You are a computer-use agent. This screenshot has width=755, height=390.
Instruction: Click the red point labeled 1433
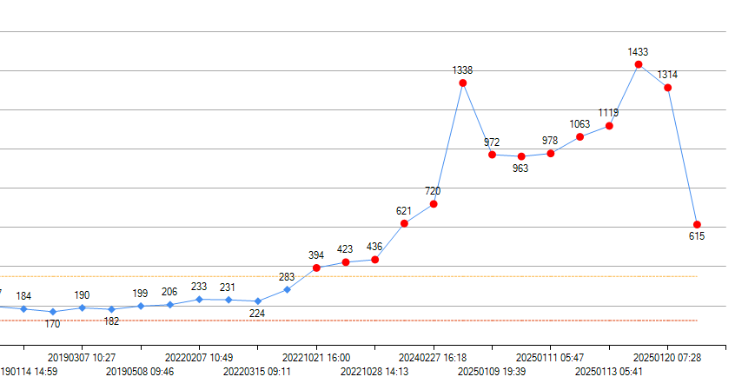point(639,64)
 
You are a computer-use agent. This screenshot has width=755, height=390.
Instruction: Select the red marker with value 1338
point(463,83)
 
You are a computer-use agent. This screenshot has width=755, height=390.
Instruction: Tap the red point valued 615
point(697,225)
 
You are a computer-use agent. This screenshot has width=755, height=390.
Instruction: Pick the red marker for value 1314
point(667,88)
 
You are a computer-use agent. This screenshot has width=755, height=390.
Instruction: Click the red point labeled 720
point(434,204)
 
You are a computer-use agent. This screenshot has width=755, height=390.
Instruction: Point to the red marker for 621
point(404,223)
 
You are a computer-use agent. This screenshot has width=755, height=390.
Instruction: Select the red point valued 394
point(316,268)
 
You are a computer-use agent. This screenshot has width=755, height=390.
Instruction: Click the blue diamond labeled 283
point(287,289)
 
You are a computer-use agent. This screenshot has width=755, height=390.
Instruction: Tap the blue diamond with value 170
point(53,311)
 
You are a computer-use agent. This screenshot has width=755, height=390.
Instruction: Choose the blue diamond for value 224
point(257,301)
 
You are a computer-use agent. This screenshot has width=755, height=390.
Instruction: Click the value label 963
point(520,169)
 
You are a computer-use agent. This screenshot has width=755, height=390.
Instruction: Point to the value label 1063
point(579,123)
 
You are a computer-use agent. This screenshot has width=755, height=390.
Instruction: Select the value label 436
point(374,247)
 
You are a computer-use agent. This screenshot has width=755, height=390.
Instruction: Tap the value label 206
point(169,292)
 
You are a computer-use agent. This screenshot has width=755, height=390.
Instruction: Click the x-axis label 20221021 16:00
point(316,357)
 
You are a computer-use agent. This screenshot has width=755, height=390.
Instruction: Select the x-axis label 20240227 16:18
point(433,357)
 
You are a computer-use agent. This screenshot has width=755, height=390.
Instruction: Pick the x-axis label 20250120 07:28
point(667,357)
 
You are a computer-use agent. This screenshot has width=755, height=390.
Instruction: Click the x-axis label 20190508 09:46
point(140,372)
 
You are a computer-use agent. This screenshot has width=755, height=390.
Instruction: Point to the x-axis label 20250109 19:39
point(492,372)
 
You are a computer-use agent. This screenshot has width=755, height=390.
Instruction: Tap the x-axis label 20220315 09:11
point(257,372)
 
